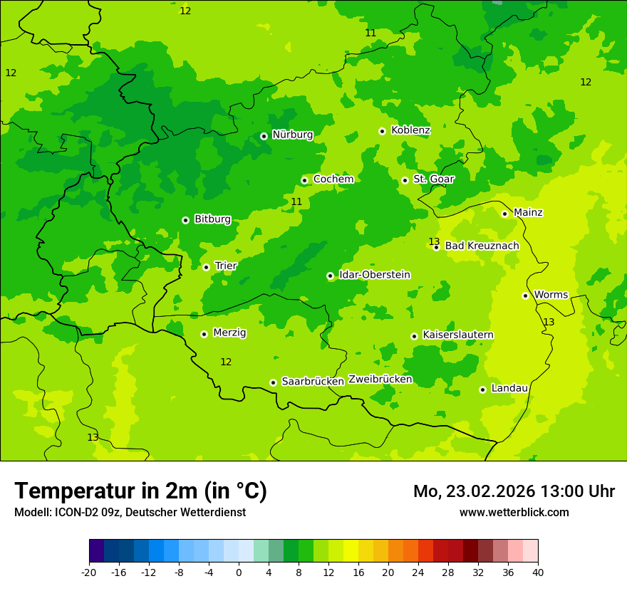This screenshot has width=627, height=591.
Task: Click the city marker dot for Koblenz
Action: (x=382, y=131)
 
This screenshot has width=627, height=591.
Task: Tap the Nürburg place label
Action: (x=292, y=135)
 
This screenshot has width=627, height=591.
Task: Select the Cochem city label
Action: (x=333, y=179)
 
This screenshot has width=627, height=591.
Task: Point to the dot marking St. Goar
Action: (x=405, y=180)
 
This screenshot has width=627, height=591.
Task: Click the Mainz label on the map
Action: (x=528, y=213)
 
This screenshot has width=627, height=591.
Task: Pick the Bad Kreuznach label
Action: (x=482, y=246)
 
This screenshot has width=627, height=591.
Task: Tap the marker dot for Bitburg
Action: (x=185, y=220)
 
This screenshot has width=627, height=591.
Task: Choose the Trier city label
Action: (x=226, y=266)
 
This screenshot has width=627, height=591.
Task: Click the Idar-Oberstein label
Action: (x=374, y=275)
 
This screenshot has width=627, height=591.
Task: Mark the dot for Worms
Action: (x=525, y=295)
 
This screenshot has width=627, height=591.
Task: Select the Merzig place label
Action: (x=229, y=333)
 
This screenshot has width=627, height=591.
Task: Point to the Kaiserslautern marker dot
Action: (x=414, y=336)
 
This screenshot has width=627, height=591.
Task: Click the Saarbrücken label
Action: (x=313, y=382)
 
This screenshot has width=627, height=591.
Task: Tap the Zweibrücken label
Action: (x=380, y=380)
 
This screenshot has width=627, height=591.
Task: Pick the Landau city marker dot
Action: (x=482, y=389)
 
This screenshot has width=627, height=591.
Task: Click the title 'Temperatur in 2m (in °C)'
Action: (x=140, y=491)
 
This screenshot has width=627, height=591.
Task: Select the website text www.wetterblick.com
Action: (x=514, y=513)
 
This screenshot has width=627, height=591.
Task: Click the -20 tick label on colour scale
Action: (x=89, y=572)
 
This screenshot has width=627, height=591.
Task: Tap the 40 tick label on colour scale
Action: (x=538, y=572)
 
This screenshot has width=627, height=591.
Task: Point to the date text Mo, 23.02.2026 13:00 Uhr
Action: (x=514, y=492)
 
